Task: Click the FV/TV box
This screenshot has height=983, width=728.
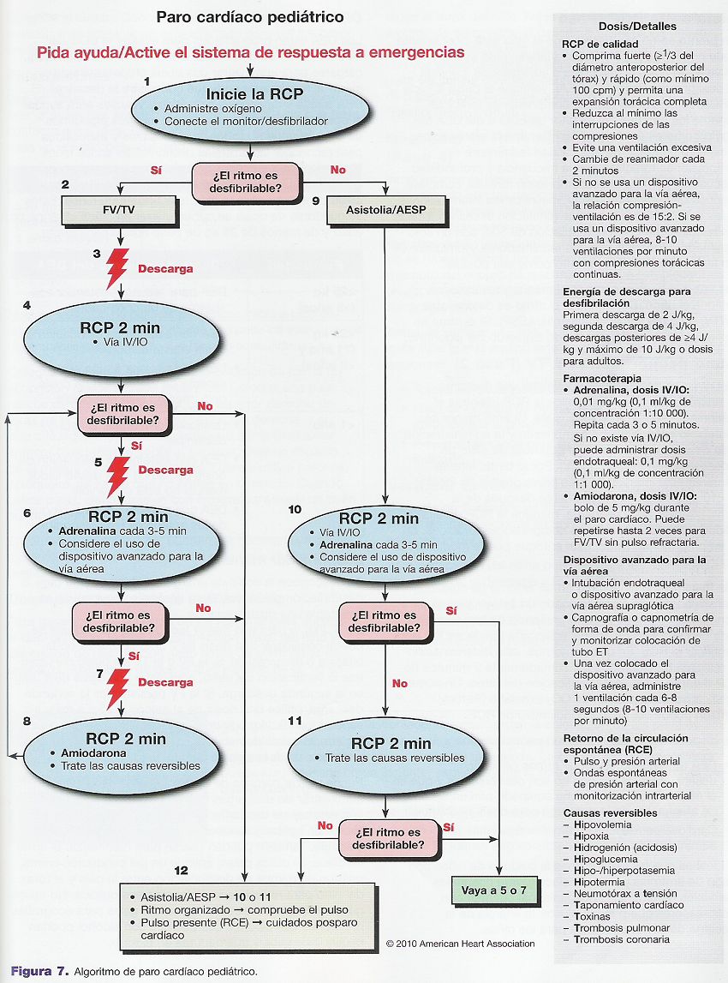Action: click(x=120, y=211)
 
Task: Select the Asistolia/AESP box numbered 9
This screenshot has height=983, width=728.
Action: click(x=386, y=211)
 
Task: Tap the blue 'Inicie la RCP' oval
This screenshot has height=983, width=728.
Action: click(x=251, y=109)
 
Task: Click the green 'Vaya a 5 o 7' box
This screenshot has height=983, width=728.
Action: click(x=494, y=890)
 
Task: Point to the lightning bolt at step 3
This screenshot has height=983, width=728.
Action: click(x=117, y=268)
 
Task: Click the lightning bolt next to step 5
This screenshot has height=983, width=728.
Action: click(x=118, y=477)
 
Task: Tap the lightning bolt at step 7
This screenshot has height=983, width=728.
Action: click(x=118, y=688)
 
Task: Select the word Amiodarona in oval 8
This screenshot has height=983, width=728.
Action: click(x=93, y=753)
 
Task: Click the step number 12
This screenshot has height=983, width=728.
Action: click(x=181, y=871)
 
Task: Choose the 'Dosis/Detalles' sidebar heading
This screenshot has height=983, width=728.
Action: click(x=637, y=27)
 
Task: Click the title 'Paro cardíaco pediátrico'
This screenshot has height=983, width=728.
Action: click(x=250, y=17)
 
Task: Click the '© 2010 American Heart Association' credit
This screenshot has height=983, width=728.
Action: click(x=461, y=944)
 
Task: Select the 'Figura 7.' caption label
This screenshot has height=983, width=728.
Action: click(x=39, y=972)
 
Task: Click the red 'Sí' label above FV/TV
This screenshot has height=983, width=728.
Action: click(x=156, y=170)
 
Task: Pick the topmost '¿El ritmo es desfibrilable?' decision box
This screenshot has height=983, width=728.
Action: click(x=246, y=182)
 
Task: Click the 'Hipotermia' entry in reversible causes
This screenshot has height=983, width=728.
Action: click(x=599, y=882)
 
